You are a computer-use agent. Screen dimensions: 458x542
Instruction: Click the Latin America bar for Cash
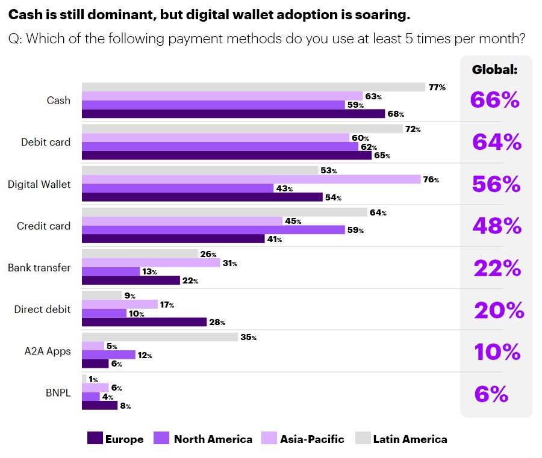253,87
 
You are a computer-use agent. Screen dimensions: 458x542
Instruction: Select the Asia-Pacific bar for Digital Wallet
251,179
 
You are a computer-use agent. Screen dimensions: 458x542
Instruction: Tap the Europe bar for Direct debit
144,322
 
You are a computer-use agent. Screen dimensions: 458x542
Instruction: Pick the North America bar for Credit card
213,230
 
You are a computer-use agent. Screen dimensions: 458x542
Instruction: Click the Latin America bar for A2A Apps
160,337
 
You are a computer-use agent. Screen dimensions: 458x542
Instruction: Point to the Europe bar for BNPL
99,406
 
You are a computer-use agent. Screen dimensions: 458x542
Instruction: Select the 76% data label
431,180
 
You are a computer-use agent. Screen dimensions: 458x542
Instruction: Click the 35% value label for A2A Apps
249,338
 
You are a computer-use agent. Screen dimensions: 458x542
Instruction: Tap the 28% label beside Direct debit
217,323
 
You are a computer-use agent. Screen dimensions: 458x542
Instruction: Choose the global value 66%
495,101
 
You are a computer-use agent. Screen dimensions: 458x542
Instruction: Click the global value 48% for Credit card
497,226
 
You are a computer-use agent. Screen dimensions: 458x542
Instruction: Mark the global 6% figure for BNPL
491,394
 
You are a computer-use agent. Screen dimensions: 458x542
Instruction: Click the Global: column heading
494,70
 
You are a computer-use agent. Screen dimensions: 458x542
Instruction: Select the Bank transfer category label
39,267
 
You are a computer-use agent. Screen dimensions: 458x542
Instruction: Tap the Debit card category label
46,142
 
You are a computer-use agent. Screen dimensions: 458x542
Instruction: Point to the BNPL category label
58,393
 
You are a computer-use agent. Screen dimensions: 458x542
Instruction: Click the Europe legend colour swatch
95,439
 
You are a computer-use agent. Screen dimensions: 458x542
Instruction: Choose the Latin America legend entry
410,439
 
